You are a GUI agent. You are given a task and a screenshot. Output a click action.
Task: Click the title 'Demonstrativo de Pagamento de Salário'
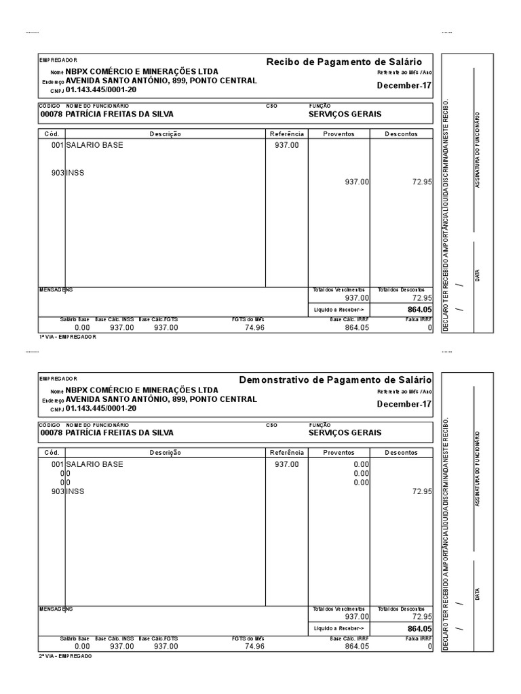[335, 380]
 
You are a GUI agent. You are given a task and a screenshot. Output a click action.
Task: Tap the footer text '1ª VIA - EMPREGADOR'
[68, 337]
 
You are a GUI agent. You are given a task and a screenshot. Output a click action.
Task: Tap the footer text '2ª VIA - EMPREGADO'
[66, 656]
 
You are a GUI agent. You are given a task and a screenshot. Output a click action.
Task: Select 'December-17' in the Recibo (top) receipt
[404, 85]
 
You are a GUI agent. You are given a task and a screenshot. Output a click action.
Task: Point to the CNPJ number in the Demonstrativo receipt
[101, 409]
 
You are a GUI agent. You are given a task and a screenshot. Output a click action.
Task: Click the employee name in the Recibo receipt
[119, 115]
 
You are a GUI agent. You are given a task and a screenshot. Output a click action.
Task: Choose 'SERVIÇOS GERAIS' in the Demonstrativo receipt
[345, 432]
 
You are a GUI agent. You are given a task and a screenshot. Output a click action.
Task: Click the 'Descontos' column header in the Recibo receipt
[402, 134]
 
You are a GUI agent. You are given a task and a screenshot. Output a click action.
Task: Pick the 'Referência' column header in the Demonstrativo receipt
[286, 452]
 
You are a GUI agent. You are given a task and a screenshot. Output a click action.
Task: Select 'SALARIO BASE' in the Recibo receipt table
[95, 145]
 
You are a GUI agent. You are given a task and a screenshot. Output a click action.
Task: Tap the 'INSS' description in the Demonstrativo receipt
[75, 491]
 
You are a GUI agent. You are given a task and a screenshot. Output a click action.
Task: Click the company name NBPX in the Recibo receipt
[142, 71]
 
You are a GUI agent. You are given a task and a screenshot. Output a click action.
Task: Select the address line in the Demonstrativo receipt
[161, 399]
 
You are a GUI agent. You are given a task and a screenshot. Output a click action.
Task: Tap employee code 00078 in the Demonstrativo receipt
[52, 432]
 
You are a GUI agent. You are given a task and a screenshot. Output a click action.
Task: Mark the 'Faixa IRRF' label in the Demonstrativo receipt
[418, 638]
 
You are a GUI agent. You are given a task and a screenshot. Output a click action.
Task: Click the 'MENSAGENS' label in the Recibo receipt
[56, 289]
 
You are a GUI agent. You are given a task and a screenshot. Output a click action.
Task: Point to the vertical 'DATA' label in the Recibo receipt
[478, 276]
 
